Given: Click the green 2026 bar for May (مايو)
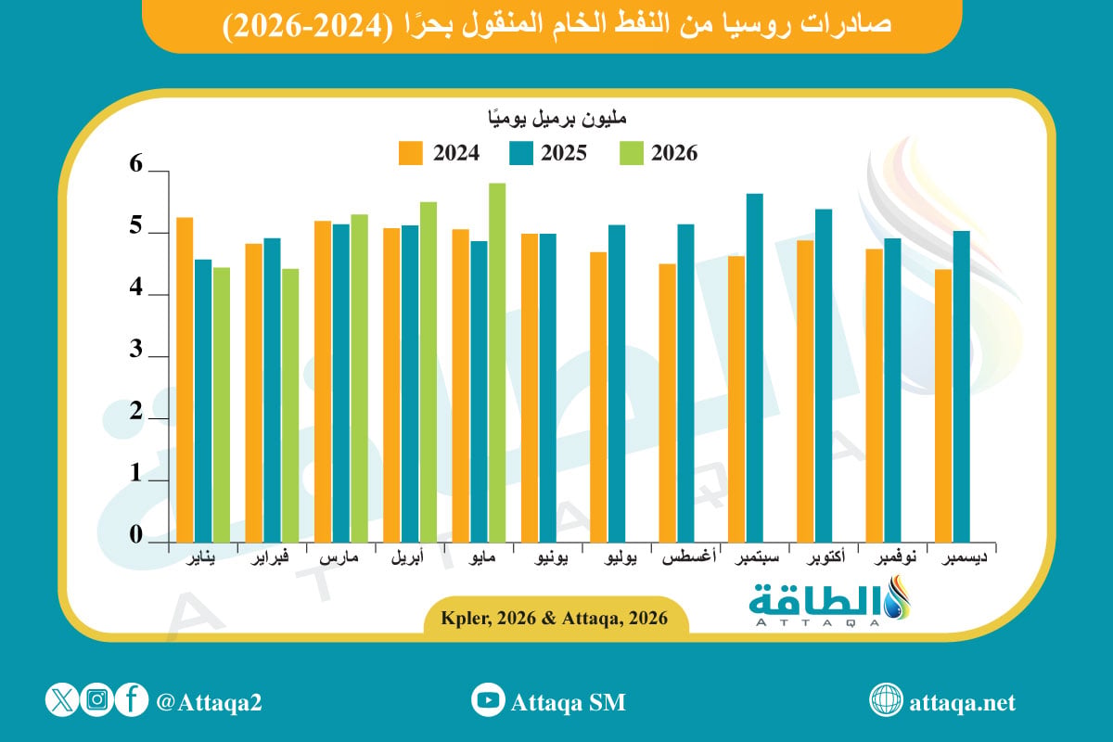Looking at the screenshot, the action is click(x=497, y=363).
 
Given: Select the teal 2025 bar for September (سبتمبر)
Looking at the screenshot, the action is click(x=755, y=368).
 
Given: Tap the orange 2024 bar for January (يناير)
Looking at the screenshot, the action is click(x=185, y=379).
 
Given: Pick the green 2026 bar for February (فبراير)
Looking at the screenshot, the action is click(x=290, y=405).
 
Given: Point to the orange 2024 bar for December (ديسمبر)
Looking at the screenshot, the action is click(x=943, y=405).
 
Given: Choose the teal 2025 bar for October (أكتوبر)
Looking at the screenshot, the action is click(x=824, y=376).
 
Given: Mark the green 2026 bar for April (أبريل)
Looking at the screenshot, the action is click(x=429, y=372).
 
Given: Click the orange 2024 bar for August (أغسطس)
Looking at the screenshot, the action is click(x=667, y=403).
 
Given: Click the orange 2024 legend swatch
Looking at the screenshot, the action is click(x=410, y=153).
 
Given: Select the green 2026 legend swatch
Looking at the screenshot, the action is click(x=631, y=153).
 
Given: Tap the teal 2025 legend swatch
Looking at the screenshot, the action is click(x=520, y=153).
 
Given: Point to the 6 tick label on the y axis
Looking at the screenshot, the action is click(x=135, y=163).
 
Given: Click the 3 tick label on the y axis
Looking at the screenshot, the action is click(x=135, y=349).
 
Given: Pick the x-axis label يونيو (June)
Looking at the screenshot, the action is click(x=551, y=557).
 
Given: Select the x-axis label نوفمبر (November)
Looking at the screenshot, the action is click(x=895, y=557).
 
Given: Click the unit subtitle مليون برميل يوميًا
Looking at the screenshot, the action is click(x=556, y=119).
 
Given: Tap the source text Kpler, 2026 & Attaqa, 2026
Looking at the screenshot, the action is click(x=555, y=618).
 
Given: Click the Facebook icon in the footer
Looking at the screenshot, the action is click(x=132, y=699).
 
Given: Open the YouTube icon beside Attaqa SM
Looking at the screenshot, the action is click(x=488, y=699).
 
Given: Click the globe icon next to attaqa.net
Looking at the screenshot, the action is click(x=886, y=699).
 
